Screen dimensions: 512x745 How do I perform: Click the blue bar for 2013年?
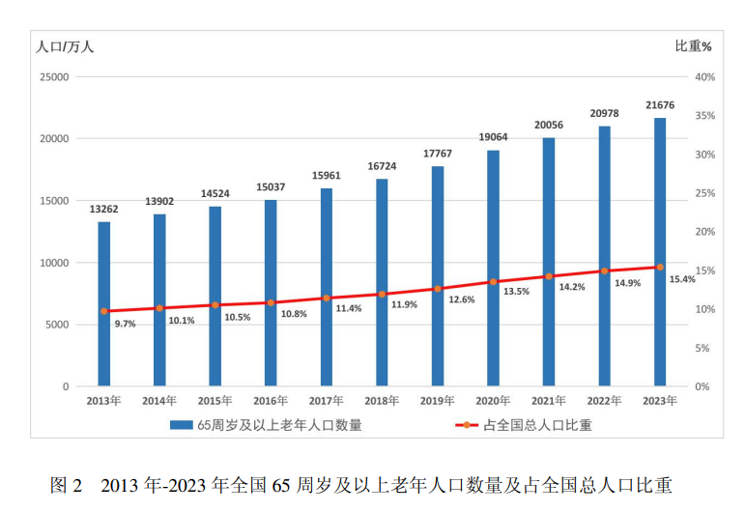pos(103,304)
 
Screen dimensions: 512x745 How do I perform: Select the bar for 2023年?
pos(660,252)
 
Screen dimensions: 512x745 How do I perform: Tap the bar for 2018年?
pos(382,282)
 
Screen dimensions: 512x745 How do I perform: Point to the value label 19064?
pos(493,137)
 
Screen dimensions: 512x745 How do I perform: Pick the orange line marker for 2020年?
pos(493,282)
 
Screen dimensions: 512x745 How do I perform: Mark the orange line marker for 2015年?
pos(215,305)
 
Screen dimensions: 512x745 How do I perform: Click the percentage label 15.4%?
pos(682,279)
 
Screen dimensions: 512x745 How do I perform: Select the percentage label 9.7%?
pos(125,325)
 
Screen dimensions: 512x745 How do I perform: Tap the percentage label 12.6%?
pos(460,299)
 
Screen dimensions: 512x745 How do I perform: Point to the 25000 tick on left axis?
pos(54,77)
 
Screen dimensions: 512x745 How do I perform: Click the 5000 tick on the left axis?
pos(57,325)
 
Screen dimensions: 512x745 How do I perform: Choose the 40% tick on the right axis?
pos(703,77)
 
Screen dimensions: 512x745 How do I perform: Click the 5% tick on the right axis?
pos(702,348)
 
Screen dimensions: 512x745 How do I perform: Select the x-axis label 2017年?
pos(326,400)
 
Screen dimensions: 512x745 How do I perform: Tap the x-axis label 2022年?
pos(604,400)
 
